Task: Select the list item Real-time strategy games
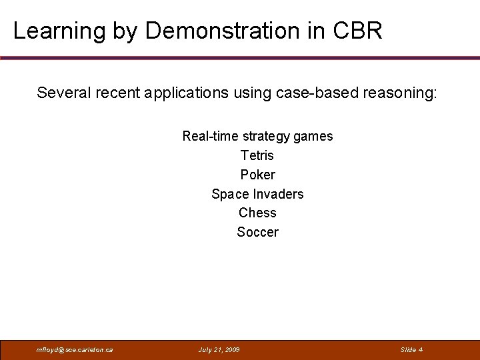pos(257,137)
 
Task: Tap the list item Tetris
pos(257,155)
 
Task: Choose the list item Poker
pos(257,175)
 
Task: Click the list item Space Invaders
pos(257,194)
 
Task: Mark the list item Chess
pos(257,213)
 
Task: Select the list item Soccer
pos(257,232)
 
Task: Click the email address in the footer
pos(75,350)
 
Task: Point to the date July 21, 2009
pos(219,350)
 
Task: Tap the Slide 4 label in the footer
pos(411,350)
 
